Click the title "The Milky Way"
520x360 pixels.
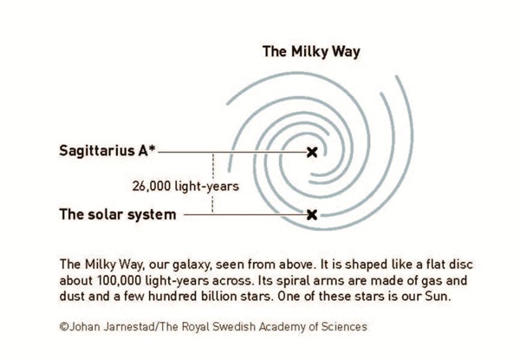pos(311,52)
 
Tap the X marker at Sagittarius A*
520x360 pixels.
pos(312,153)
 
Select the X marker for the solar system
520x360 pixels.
pos(312,214)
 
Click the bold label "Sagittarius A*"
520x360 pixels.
pos(107,151)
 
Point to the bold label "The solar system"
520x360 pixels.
pos(118,214)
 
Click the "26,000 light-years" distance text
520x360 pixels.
pos(185,187)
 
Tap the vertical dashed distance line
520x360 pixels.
pos(212,182)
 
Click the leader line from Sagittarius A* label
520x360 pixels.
pos(233,153)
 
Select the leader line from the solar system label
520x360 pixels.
pos(246,214)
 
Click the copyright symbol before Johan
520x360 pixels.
pos(64,327)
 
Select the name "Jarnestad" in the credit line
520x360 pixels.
pos(129,326)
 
